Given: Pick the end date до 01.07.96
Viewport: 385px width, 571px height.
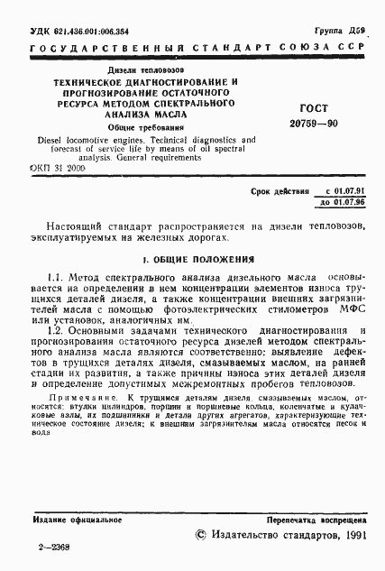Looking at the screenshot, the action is point(344,203).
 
